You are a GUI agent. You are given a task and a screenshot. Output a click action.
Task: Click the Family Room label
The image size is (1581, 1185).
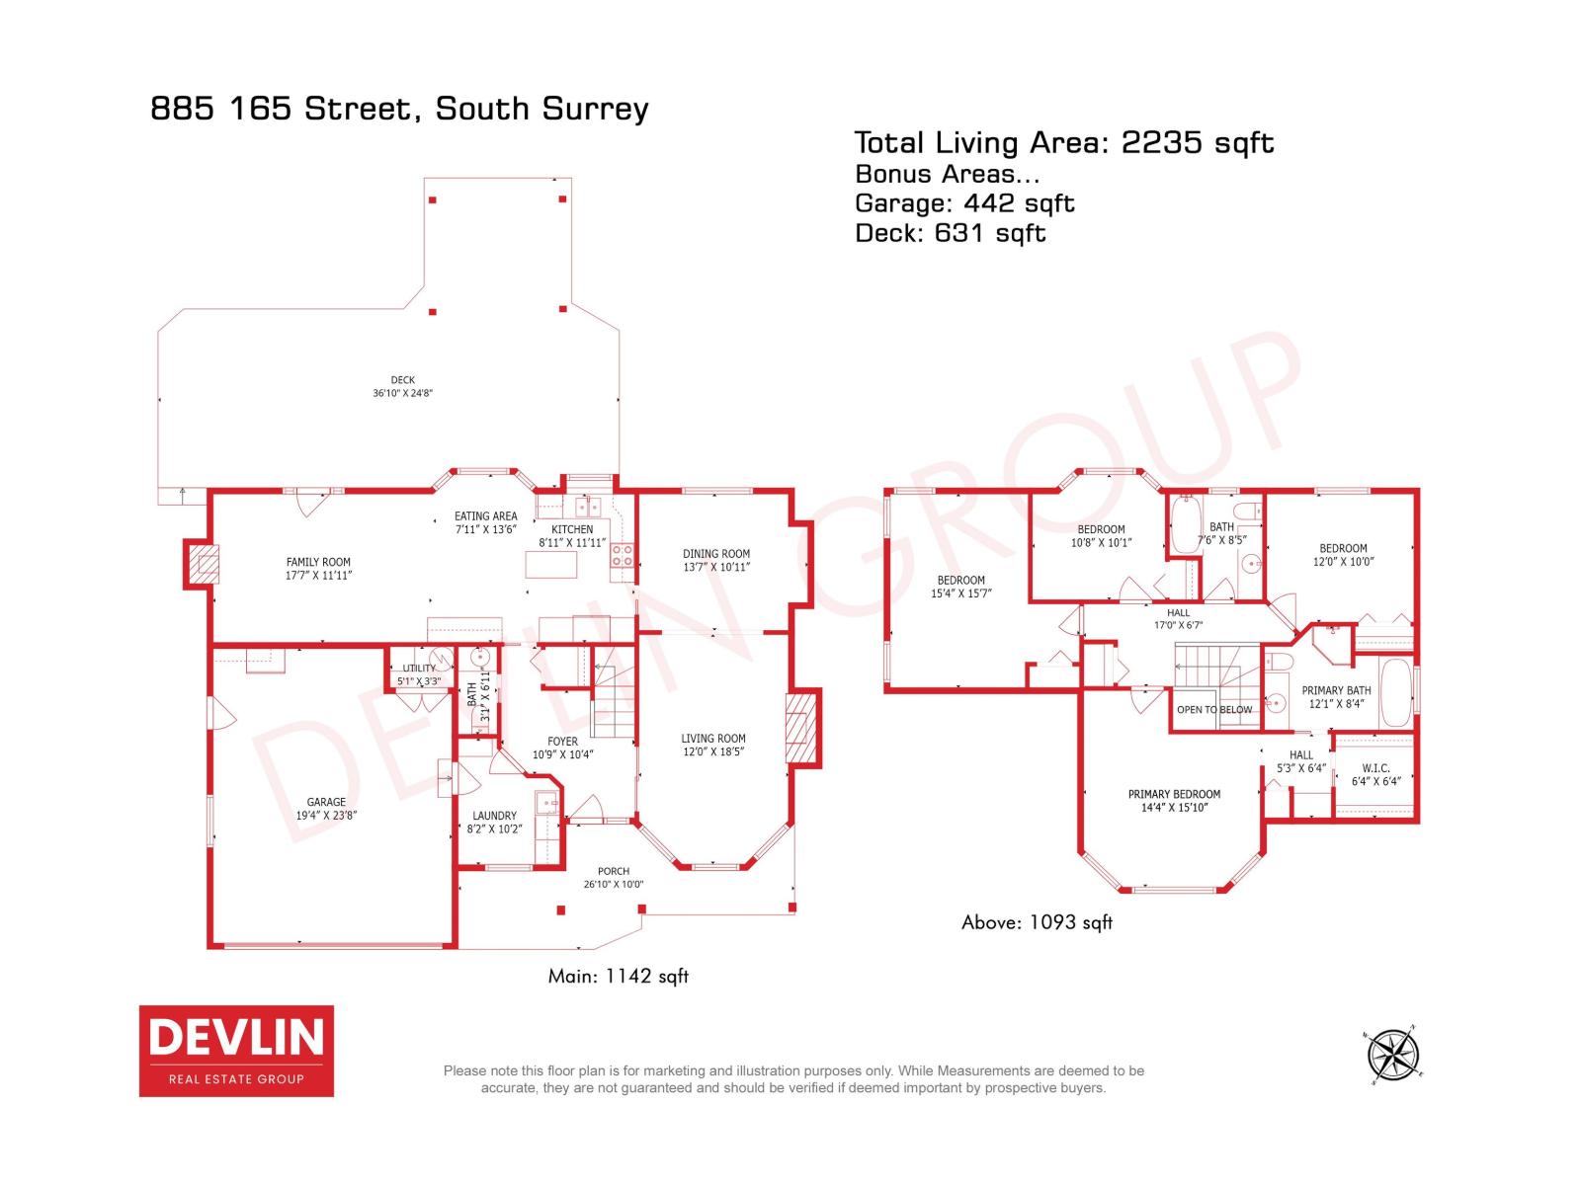pos(318,562)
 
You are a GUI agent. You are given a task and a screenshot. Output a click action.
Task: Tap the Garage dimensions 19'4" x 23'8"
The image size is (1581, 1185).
pos(326,816)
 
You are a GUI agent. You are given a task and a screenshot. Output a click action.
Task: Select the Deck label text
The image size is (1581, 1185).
pos(402,379)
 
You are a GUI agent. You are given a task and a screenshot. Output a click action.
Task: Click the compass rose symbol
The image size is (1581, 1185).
pos(1393,1054)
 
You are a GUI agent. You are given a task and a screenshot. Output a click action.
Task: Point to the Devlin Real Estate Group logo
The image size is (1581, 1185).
pos(236,1051)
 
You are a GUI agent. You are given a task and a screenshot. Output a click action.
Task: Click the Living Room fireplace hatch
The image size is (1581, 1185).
pos(802,729)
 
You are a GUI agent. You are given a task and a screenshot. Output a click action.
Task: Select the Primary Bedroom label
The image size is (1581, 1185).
pos(1174,794)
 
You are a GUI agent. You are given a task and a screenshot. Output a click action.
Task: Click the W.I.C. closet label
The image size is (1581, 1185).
pos(1375,768)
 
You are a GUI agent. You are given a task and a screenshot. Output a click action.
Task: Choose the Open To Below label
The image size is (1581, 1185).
pos(1214,709)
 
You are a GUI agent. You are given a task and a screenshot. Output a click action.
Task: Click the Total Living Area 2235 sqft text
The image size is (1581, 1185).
pos(1063,143)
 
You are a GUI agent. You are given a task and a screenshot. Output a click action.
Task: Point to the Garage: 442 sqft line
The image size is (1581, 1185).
pos(963,203)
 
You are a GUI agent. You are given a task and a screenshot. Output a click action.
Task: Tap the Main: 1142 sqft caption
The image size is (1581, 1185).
pos(618,976)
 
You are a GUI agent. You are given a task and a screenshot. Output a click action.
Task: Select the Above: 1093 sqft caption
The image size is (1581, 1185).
pos(1037,922)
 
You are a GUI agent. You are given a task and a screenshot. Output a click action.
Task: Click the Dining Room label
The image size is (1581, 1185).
pos(716,554)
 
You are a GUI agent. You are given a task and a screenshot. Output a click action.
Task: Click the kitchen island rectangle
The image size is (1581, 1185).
pos(550,564)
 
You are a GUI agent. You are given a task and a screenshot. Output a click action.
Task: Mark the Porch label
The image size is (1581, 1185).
pos(614,871)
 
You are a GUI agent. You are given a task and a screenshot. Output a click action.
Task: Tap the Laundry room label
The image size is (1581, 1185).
pos(494,816)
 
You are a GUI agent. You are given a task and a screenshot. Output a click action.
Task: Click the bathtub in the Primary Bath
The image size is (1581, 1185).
pos(1395,693)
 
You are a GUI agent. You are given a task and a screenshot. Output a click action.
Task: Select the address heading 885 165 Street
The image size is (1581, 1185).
pos(399,108)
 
